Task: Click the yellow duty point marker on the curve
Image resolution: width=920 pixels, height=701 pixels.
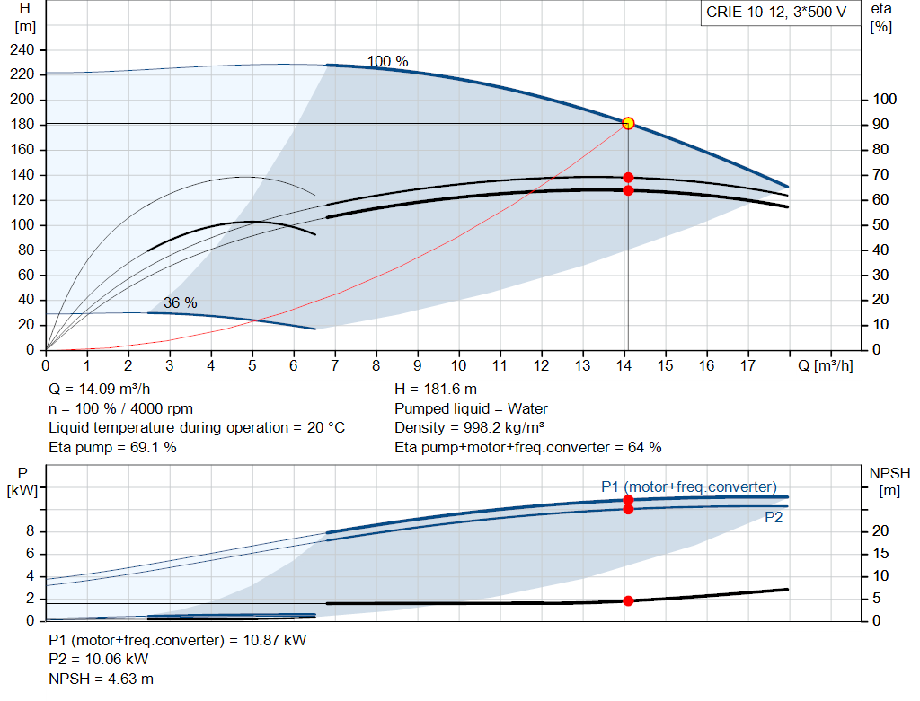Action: point(628,123)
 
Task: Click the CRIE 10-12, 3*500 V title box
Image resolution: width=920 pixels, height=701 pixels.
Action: point(776,13)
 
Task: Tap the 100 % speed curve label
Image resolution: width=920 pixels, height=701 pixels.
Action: point(387,61)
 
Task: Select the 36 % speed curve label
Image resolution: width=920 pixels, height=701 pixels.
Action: point(180,302)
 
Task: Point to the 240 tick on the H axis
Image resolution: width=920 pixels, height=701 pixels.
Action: point(22,50)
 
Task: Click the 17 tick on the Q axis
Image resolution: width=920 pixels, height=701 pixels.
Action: point(747,365)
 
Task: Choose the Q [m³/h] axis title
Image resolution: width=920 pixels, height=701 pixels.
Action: point(826,365)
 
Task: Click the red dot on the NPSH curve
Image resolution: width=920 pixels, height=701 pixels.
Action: point(628,600)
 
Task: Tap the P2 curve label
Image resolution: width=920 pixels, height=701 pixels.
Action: point(774,517)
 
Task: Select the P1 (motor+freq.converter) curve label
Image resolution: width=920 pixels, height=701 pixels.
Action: point(689,486)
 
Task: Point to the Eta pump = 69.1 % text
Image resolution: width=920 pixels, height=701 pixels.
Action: point(112,447)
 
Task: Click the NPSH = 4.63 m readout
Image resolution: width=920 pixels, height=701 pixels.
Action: point(101,679)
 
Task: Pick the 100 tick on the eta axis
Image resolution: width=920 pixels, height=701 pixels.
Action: point(884,99)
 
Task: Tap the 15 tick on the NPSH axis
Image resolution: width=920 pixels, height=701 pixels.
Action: point(880,553)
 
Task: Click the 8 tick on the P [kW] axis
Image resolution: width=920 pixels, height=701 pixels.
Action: point(30,531)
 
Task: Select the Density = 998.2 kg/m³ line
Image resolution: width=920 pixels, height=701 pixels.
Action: point(469,428)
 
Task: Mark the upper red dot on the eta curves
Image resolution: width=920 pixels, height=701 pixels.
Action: point(628,177)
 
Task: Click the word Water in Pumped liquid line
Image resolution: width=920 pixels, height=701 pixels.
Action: point(527,408)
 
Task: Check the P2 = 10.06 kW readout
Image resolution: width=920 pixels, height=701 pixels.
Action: point(99,660)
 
